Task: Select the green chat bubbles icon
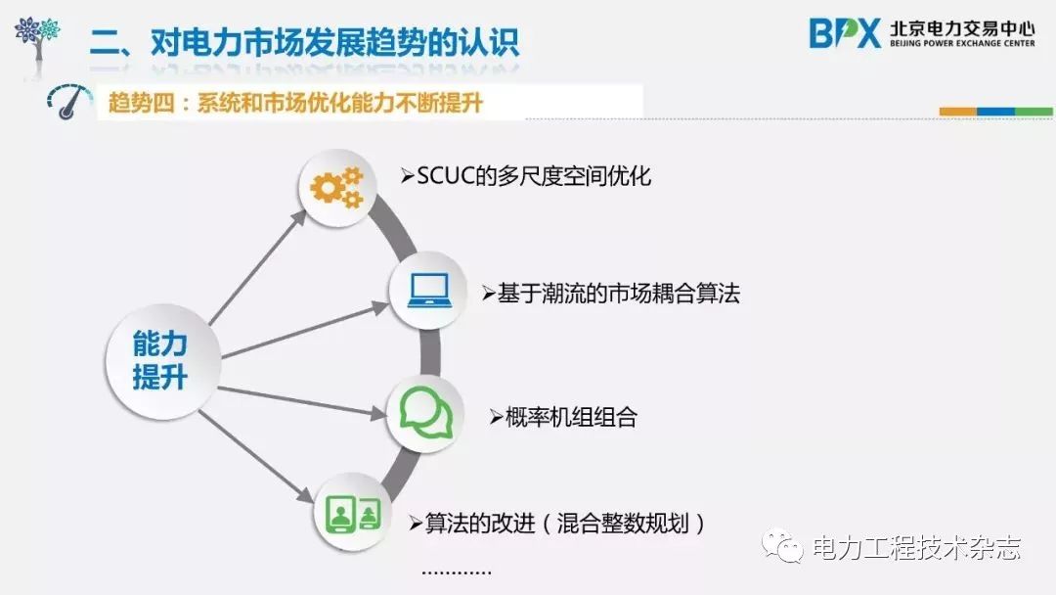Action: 426,415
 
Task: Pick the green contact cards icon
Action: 352,512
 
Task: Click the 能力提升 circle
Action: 159,359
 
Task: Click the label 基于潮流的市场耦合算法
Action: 611,294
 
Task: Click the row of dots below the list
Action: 455,572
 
